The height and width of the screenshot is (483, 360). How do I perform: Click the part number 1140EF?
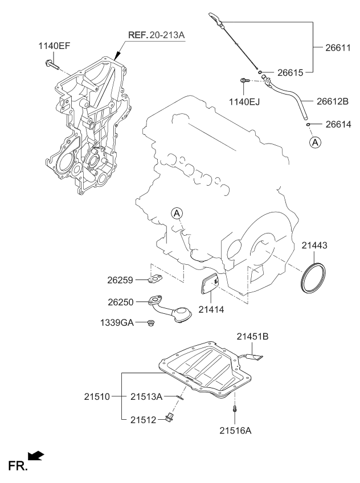coord(54,46)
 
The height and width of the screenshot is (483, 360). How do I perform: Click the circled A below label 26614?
coord(314,142)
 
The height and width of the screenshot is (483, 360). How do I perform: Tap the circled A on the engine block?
coord(177,213)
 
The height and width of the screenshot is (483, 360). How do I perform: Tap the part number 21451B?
coord(253,337)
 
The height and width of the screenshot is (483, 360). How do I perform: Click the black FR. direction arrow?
coord(36,455)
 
